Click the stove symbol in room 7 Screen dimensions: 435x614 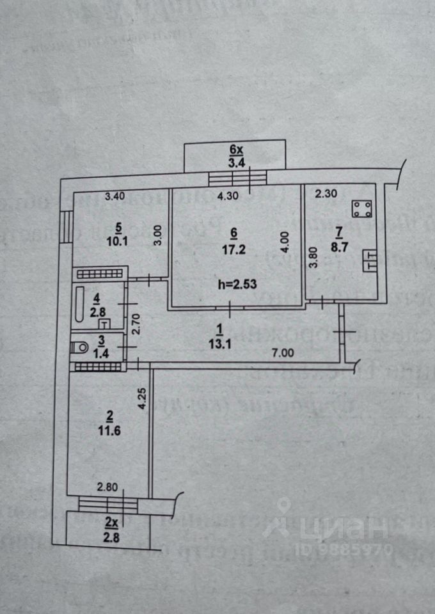[363, 209]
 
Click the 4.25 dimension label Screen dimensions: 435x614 [143, 399]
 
